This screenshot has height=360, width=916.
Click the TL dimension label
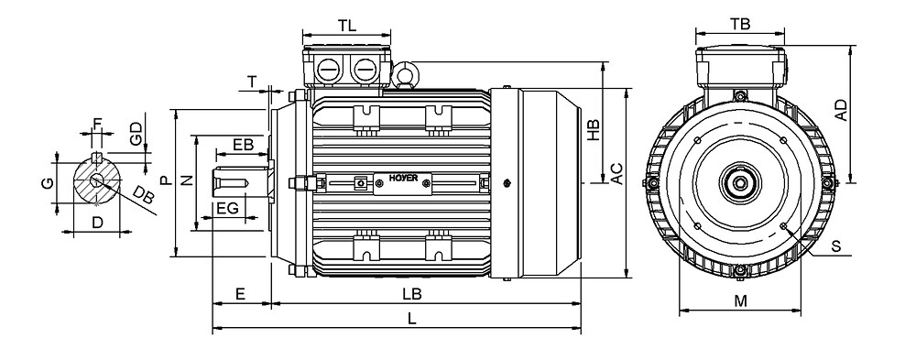[347, 26]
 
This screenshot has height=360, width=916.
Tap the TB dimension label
[740, 24]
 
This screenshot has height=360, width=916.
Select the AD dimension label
[841, 111]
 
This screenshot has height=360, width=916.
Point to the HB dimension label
[594, 131]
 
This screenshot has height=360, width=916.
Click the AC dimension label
[616, 173]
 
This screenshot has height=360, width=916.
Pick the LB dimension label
[412, 294]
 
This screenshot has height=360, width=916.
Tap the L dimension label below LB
[412, 319]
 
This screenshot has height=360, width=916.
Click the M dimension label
[741, 301]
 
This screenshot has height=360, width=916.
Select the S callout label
[836, 246]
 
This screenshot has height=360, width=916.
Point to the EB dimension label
[243, 145]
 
